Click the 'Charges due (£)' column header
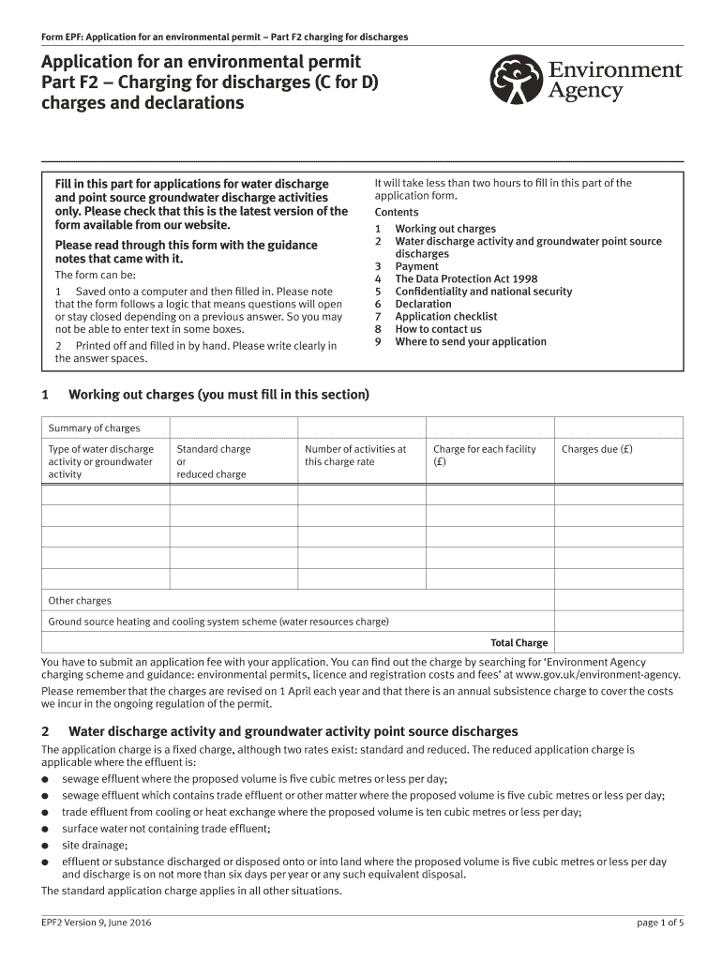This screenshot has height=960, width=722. click(x=596, y=449)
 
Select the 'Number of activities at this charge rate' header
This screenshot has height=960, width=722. click(x=355, y=455)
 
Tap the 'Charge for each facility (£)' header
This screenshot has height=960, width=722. click(x=484, y=455)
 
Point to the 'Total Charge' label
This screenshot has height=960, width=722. click(x=519, y=643)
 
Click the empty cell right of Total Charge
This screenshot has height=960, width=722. click(x=619, y=643)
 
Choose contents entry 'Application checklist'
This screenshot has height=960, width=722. click(x=445, y=317)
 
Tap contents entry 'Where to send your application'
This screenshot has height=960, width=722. click(x=470, y=341)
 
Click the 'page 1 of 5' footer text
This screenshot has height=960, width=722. click(x=659, y=922)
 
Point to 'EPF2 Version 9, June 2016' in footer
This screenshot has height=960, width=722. click(x=97, y=922)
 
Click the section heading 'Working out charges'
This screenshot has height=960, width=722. click(x=218, y=395)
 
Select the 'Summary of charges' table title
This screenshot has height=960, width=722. click(x=94, y=428)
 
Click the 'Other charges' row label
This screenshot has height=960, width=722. click(x=80, y=600)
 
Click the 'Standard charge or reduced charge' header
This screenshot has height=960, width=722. click(x=214, y=461)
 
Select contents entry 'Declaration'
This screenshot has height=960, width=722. click(x=423, y=304)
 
